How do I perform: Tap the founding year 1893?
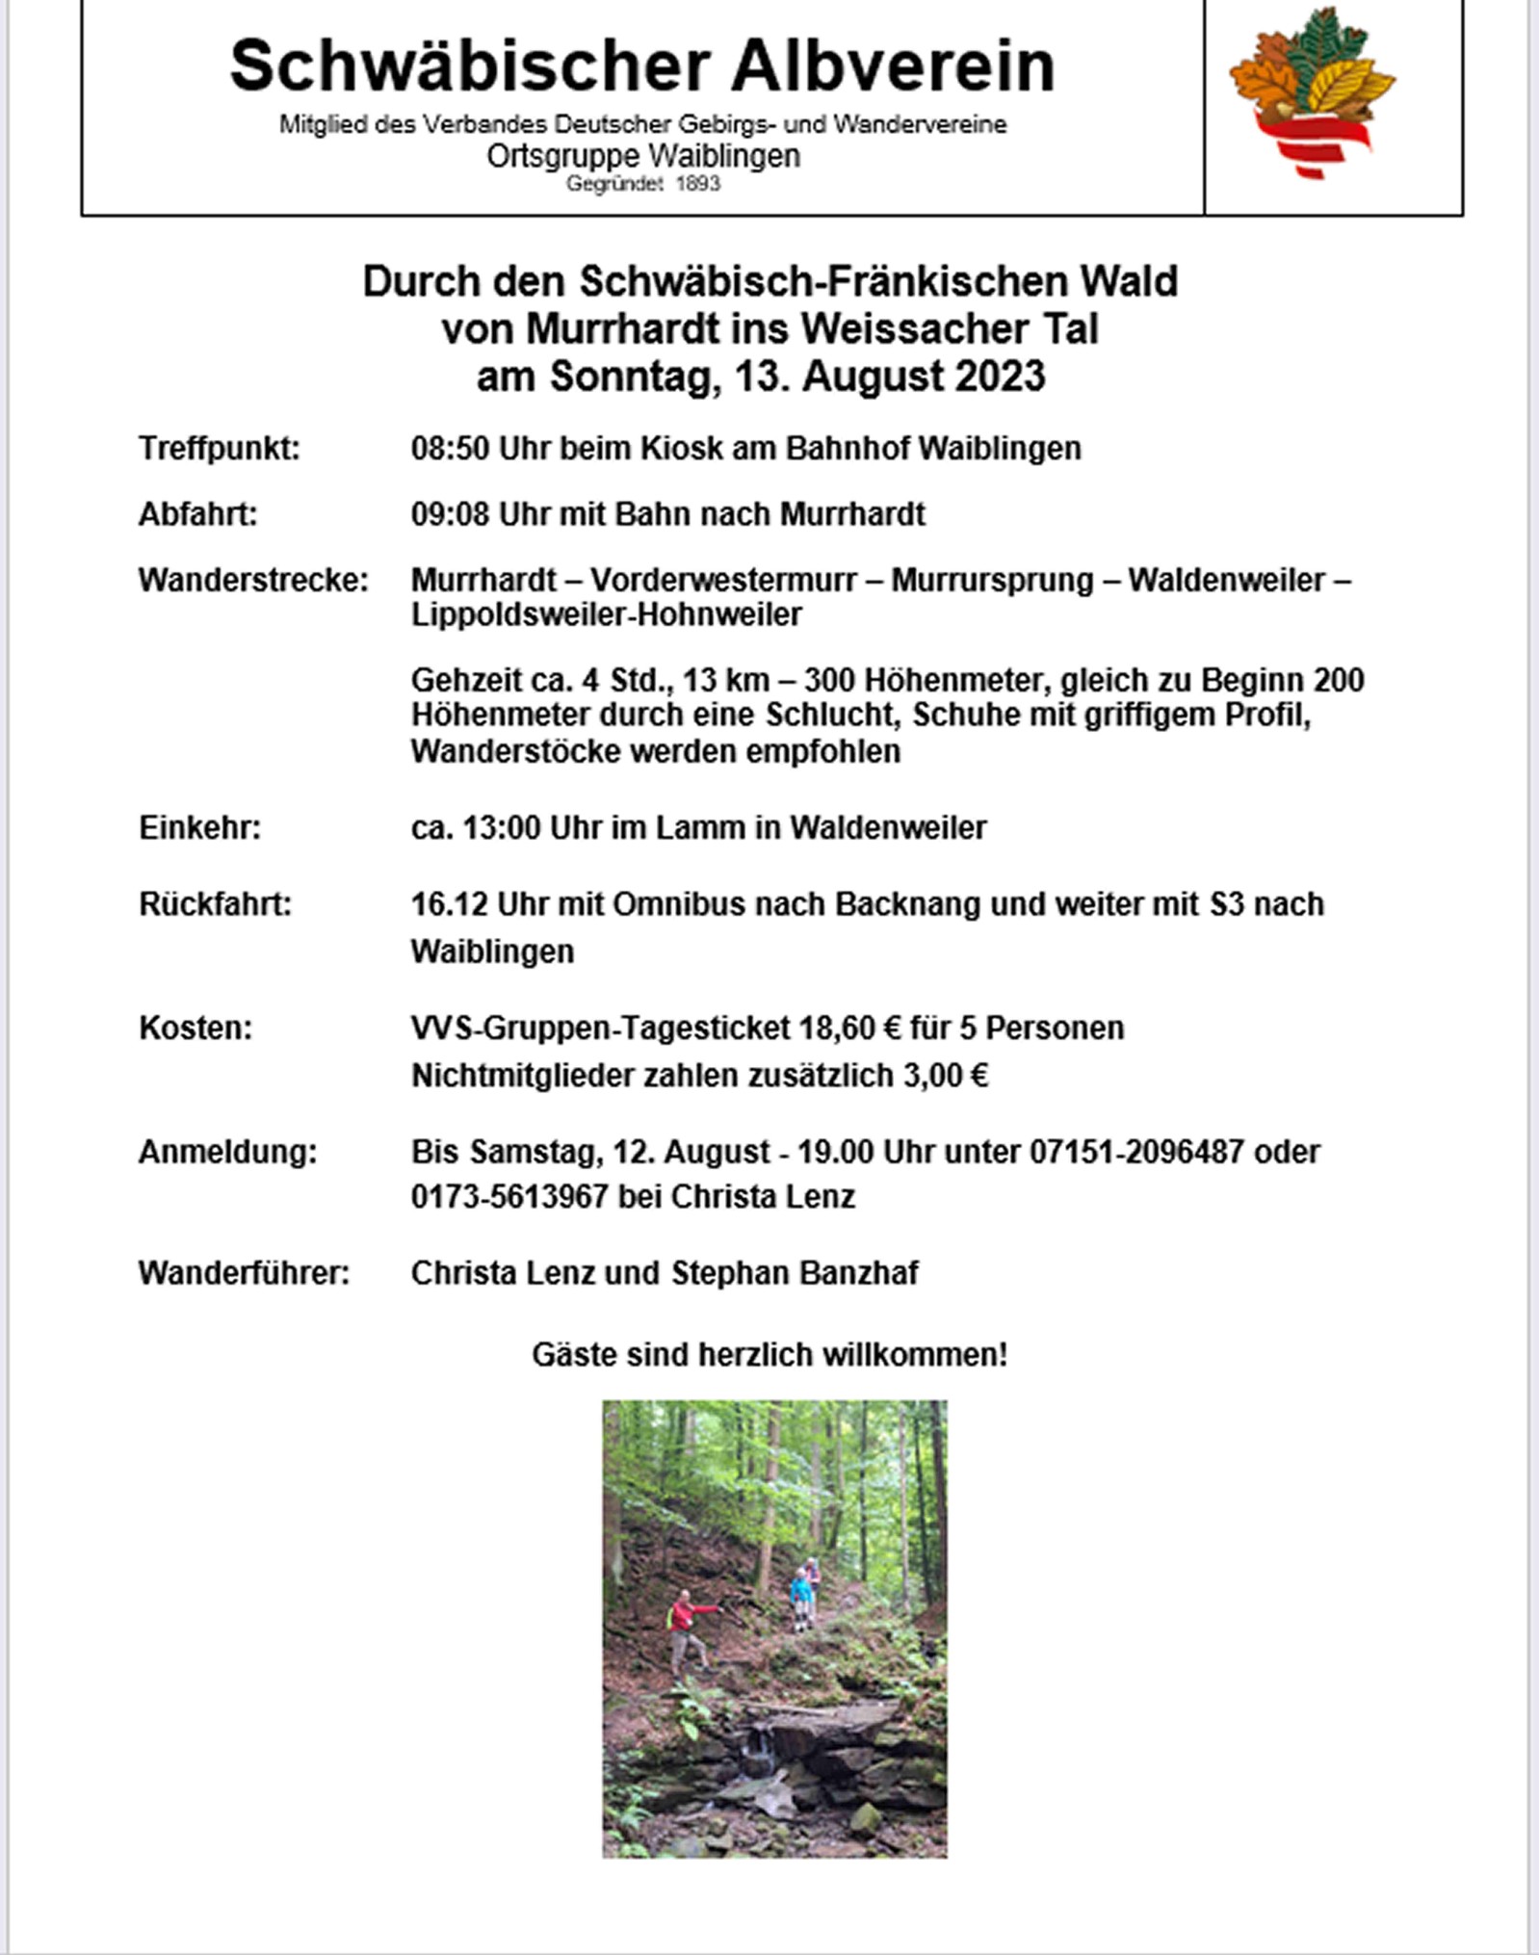(698, 183)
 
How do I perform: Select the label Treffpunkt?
(220, 448)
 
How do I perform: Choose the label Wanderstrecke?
(253, 580)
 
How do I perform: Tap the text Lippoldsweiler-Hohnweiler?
(606, 614)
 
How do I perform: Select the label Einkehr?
(199, 827)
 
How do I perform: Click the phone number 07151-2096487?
(1136, 1151)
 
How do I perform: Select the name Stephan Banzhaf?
(795, 1272)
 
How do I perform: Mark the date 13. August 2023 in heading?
(889, 376)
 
